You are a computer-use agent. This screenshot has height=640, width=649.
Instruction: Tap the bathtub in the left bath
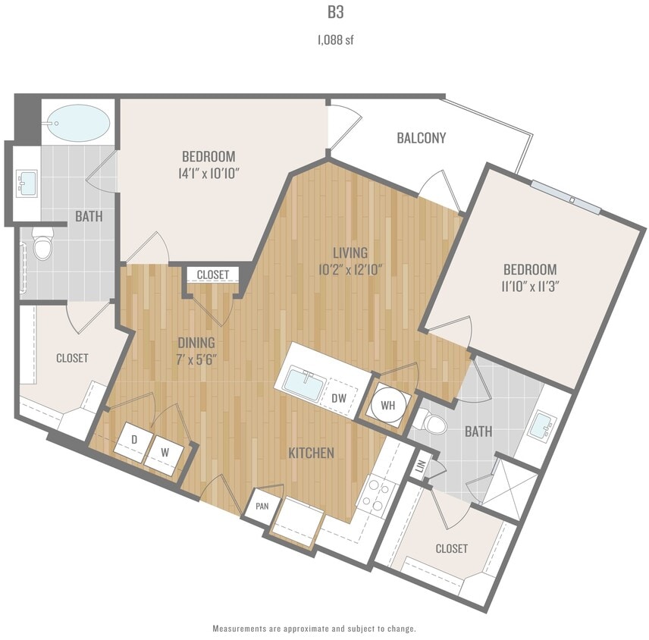[77, 121]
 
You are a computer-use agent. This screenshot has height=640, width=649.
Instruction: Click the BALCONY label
[421, 138]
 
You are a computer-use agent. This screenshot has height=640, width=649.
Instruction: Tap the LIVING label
[349, 253]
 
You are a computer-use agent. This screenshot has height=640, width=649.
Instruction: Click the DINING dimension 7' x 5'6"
[196, 359]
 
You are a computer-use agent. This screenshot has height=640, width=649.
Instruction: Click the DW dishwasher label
[339, 397]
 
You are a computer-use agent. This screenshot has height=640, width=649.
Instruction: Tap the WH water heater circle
[387, 405]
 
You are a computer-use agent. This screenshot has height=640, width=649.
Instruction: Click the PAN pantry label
[261, 506]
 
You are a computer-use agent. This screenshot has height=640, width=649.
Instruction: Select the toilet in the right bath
[435, 422]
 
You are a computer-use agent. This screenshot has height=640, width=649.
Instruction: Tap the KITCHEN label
[311, 453]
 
